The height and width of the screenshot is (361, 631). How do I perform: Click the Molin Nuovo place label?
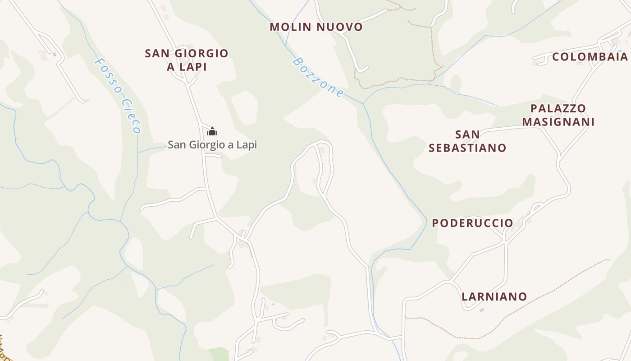(316, 27)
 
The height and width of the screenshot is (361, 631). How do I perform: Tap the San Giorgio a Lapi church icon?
(212, 132)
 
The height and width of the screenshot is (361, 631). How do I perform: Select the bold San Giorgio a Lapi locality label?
(187, 60)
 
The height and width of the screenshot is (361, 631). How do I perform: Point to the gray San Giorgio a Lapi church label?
(212, 145)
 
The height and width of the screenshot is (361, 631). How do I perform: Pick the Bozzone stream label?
(318, 77)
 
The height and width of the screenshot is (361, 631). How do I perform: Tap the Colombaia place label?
(590, 57)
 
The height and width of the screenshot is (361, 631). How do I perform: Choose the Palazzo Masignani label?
(558, 115)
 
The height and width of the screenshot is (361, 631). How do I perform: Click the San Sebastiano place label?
(467, 141)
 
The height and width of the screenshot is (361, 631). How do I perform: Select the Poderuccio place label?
(472, 223)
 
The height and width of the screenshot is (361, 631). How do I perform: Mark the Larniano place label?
(494, 296)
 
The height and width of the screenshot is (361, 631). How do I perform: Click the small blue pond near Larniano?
(482, 310)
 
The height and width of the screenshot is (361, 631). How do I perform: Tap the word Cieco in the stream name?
(131, 116)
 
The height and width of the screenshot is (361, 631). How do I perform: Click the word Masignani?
(558, 122)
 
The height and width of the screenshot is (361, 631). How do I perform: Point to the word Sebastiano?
(467, 148)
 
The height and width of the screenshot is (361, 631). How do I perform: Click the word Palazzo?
(558, 108)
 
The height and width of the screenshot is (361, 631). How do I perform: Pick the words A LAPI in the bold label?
(187, 67)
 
